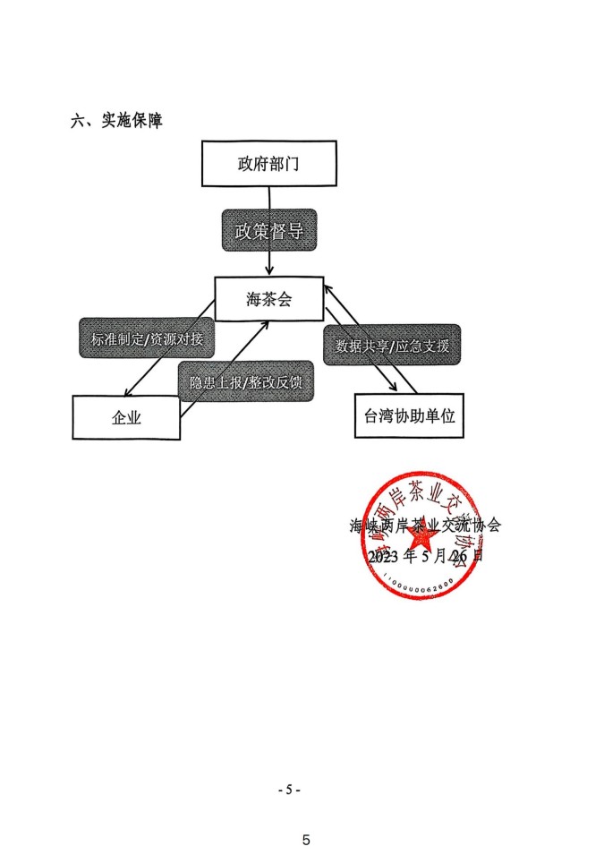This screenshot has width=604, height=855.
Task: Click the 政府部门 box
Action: pyautogui.click(x=268, y=164)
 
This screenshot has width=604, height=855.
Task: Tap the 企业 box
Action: pyautogui.click(x=126, y=417)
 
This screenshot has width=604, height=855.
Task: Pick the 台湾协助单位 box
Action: pyautogui.click(x=410, y=415)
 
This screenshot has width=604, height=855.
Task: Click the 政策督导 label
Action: pyautogui.click(x=268, y=231)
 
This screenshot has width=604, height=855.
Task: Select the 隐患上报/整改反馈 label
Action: pyautogui.click(x=246, y=382)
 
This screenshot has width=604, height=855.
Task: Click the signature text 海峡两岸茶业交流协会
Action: pyautogui.click(x=425, y=526)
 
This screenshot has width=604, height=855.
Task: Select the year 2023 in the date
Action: pyautogui.click(x=384, y=556)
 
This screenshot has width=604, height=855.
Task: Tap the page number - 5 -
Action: pyautogui.click(x=289, y=790)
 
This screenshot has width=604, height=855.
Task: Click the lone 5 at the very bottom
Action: pyautogui.click(x=306, y=840)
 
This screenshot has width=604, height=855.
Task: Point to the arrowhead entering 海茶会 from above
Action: pyautogui.click(x=269, y=270)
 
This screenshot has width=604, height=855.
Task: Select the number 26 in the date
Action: pyautogui.click(x=460, y=556)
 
